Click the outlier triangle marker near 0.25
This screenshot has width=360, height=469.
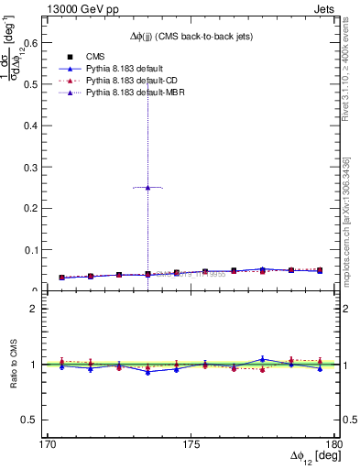click(x=147, y=187)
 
